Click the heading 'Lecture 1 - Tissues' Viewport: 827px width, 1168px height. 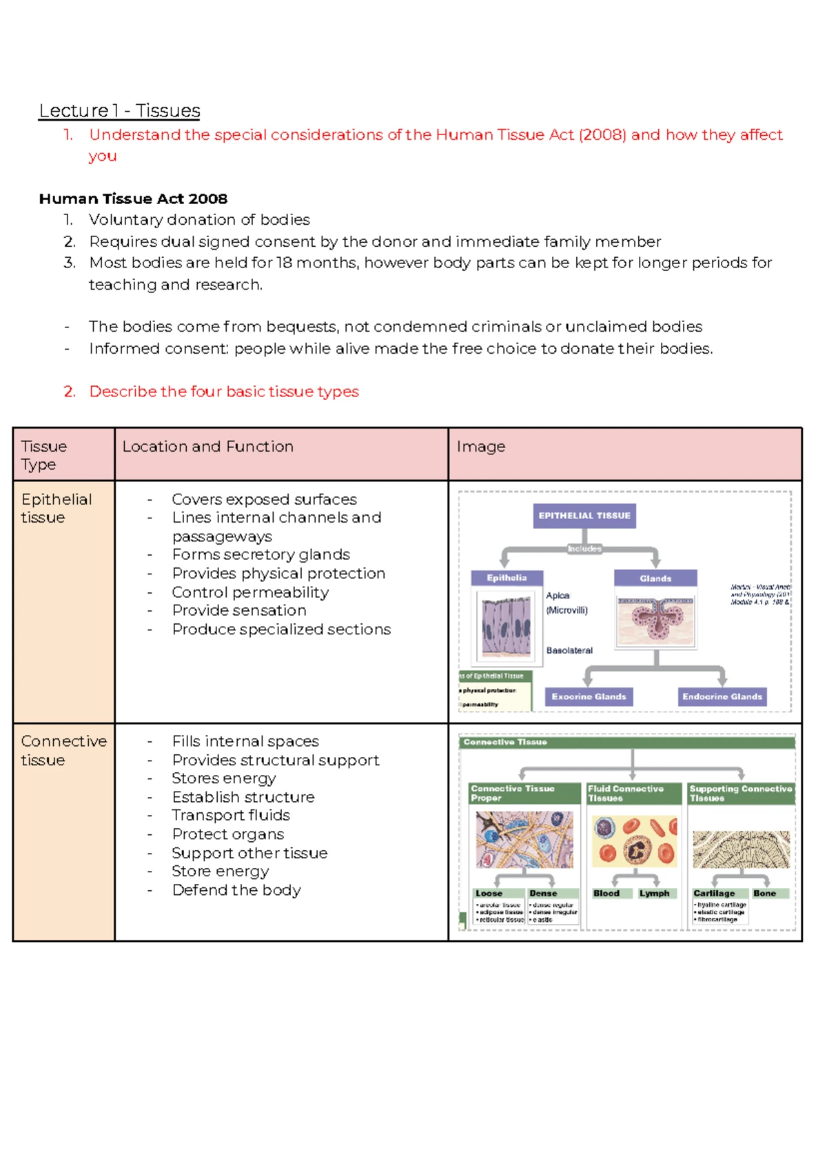pos(119,111)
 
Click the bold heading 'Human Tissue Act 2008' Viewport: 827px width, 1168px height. pos(133,199)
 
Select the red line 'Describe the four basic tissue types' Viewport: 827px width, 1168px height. pos(224,392)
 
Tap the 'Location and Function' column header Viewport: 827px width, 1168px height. pos(207,447)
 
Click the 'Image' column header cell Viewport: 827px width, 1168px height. pos(480,447)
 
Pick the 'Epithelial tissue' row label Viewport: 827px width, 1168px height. pos(56,508)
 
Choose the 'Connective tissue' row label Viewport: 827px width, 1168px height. pos(63,750)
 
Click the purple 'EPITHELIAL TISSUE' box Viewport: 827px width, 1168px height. pos(584,516)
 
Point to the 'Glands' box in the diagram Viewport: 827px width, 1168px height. pos(655,578)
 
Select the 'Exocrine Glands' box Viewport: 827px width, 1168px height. pos(589,697)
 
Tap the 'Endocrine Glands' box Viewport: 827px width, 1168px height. pos(722,697)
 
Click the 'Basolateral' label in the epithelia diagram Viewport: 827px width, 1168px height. pos(569,650)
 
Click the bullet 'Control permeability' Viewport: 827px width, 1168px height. pos(250,592)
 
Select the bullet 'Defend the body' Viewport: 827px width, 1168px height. pos(236,890)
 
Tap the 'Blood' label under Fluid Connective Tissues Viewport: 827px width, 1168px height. pos(606,894)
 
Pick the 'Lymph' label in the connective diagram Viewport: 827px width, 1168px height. pos(654,894)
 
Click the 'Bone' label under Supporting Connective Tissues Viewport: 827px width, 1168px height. pos(764,894)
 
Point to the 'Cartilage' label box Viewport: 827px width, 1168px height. pos(714,894)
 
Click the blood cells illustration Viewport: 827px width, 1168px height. pos(634,841)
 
